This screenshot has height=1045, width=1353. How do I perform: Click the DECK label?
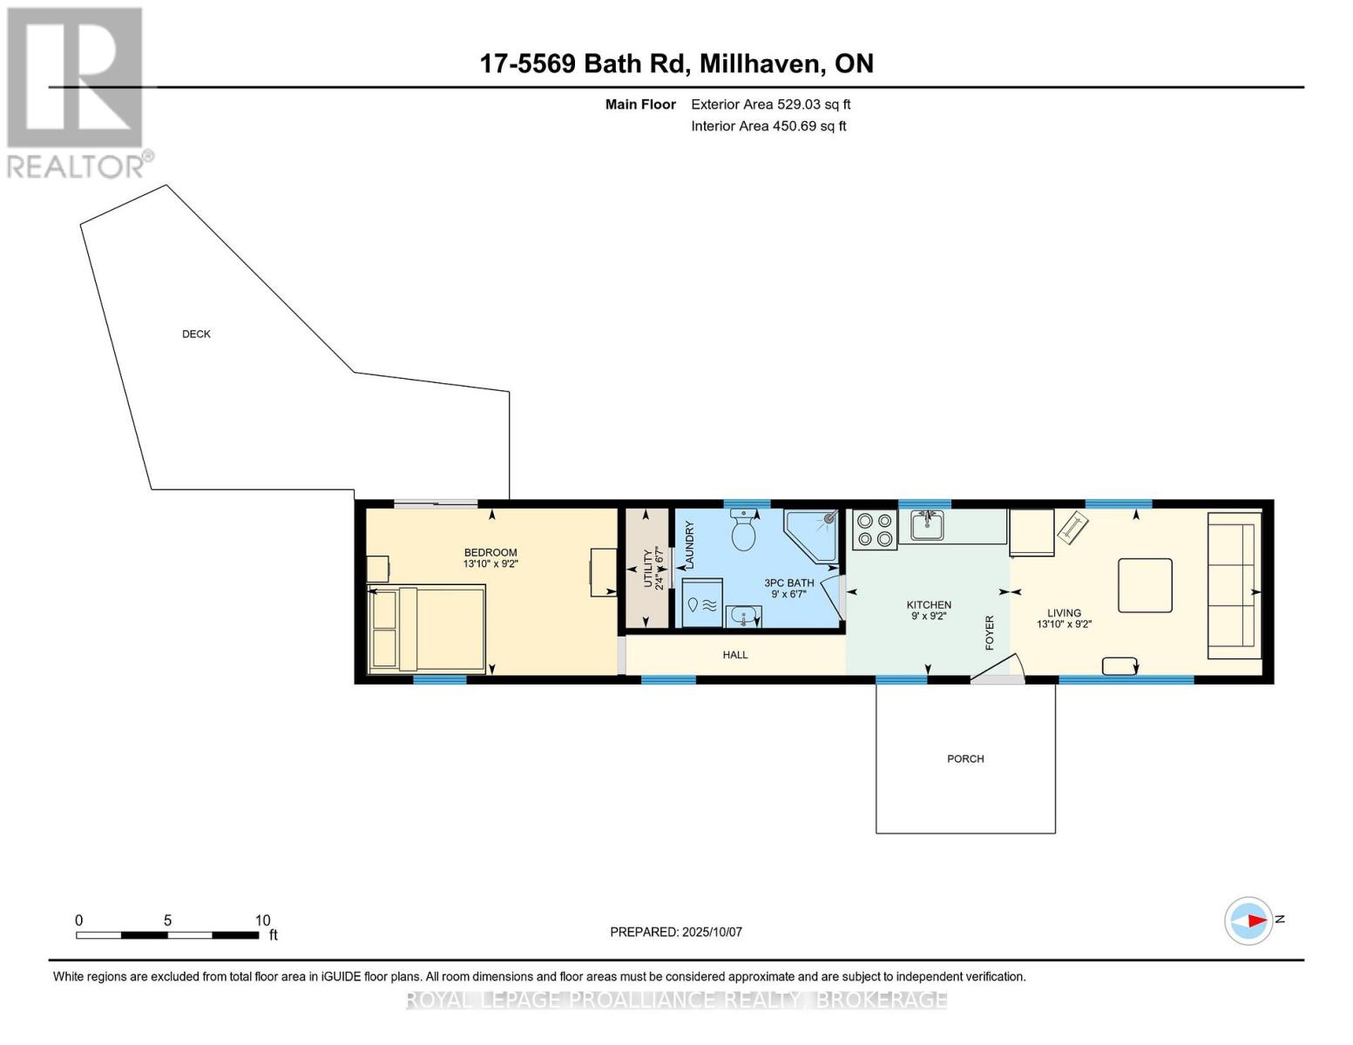196,334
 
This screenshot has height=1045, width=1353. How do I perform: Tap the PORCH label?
965,759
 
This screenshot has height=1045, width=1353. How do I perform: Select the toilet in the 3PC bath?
743,530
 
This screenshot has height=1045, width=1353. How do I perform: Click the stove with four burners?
874,529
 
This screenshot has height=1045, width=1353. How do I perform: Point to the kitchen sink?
926,525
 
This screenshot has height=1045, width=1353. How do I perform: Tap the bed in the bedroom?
427,629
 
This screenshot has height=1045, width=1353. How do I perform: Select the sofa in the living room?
1234,585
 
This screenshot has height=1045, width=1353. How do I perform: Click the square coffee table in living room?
1145,585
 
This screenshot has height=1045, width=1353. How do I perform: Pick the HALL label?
735,655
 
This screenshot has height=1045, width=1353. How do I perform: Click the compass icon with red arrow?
1248,920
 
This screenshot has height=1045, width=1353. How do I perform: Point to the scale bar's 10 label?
262,920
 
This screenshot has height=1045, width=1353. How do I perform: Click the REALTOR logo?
77,91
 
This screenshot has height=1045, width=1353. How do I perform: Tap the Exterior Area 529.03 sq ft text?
770,104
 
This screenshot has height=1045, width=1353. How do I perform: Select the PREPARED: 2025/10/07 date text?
676,932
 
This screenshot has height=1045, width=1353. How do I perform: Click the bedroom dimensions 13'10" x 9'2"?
490,564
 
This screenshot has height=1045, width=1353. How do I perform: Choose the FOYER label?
990,633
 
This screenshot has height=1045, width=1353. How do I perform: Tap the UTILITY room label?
647,568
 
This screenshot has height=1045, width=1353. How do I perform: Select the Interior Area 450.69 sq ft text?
768,126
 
